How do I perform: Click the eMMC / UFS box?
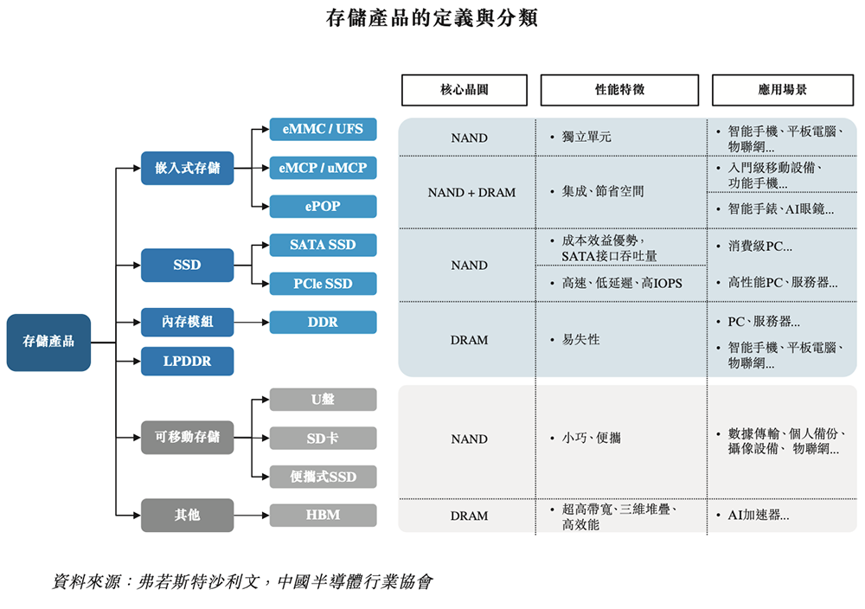[x=323, y=130]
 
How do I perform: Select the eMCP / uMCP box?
[x=323, y=168]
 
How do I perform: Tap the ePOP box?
[x=323, y=207]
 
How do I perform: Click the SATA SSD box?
[x=323, y=245]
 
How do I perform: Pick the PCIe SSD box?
[x=323, y=284]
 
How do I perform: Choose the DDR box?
[x=323, y=323]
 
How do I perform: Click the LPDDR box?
[x=187, y=361]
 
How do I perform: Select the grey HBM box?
[x=323, y=516]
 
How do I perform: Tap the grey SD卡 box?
[x=323, y=439]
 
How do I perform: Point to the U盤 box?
[x=323, y=400]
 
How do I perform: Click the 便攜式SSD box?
[x=323, y=477]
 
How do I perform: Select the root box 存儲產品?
[x=48, y=342]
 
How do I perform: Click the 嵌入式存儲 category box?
[x=187, y=168]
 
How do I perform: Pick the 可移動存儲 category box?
[x=187, y=438]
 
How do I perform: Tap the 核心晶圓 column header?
[x=464, y=90]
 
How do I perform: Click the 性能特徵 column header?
[x=619, y=90]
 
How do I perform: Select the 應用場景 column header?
[x=782, y=90]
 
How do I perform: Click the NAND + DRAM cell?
[x=471, y=193]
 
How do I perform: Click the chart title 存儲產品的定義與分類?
[x=432, y=18]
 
